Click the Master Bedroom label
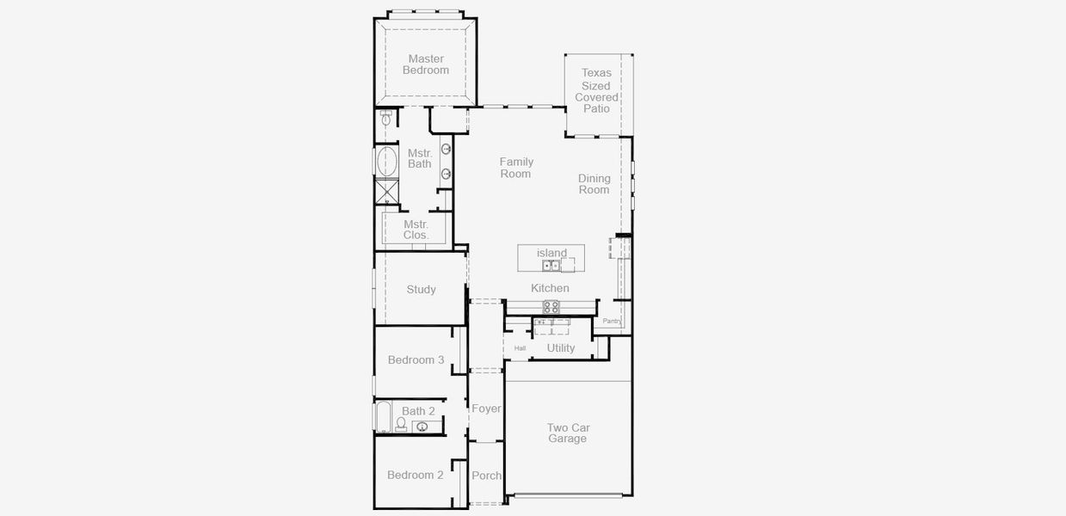[426, 64]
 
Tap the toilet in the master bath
[386, 120]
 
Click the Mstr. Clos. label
[416, 230]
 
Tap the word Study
[421, 290]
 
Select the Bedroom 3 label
[416, 359]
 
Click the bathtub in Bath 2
[384, 418]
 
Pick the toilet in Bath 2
[401, 424]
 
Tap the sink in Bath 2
[422, 427]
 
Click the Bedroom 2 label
[415, 475]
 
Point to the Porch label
[486, 476]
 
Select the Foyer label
[486, 408]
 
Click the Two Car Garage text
[568, 433]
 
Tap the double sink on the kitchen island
[551, 266]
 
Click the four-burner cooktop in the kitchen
[551, 306]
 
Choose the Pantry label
[611, 321]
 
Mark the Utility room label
[561, 348]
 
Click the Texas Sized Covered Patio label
[596, 91]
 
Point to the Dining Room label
[594, 184]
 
